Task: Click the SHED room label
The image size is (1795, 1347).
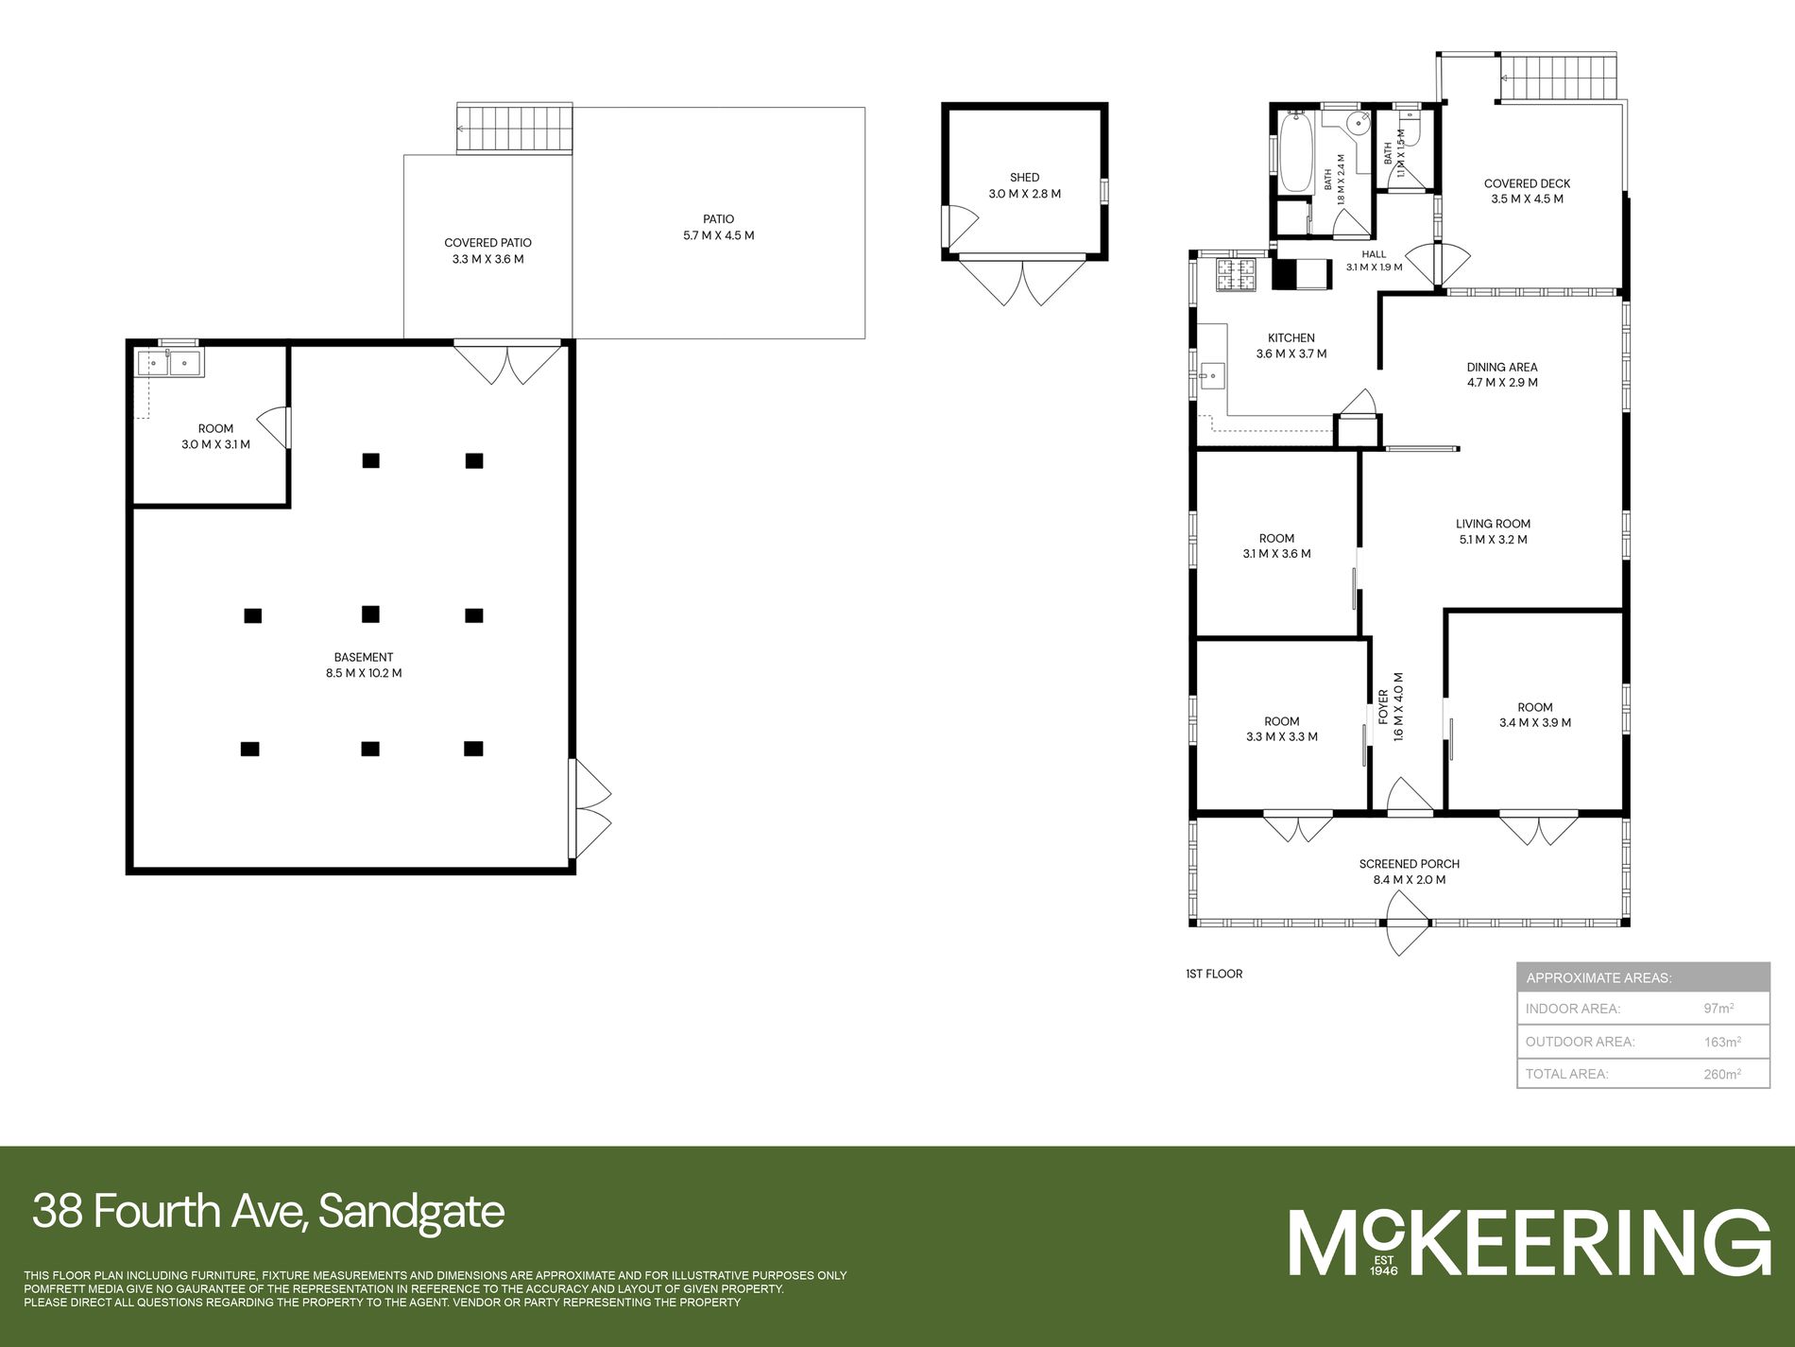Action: tap(1024, 178)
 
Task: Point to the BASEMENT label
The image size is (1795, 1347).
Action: tap(364, 657)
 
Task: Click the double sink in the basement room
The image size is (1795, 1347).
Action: tap(169, 363)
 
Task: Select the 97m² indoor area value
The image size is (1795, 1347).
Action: tap(1718, 1009)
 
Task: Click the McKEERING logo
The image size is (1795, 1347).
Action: tap(1530, 1242)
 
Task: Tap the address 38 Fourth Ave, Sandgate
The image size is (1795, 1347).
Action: tap(268, 1212)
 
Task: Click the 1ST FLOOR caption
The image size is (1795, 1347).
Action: tap(1214, 974)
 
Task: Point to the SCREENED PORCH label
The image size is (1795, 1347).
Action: tap(1410, 864)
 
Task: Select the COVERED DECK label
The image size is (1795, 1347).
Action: tap(1527, 183)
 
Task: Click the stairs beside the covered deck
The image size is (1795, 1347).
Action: tap(1560, 78)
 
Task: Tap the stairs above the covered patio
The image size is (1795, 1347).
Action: tap(515, 129)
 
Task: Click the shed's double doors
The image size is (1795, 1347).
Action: tap(1023, 281)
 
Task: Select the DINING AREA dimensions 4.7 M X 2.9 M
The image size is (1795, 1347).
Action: tap(1502, 383)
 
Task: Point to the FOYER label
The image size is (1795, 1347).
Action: tap(1384, 706)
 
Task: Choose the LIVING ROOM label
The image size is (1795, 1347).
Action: tap(1493, 524)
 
